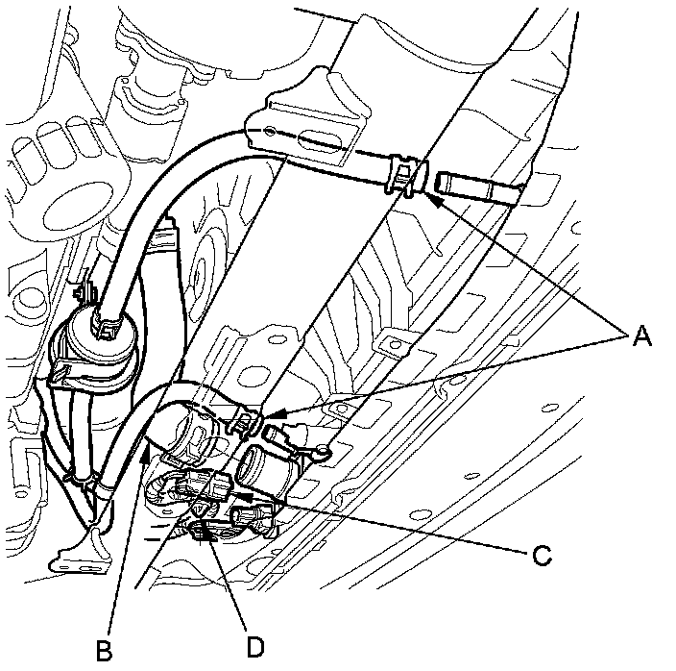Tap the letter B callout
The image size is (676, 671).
tap(105, 651)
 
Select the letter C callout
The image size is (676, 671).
tap(543, 554)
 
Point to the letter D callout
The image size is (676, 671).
tap(253, 646)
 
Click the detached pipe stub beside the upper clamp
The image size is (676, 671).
tap(476, 186)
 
